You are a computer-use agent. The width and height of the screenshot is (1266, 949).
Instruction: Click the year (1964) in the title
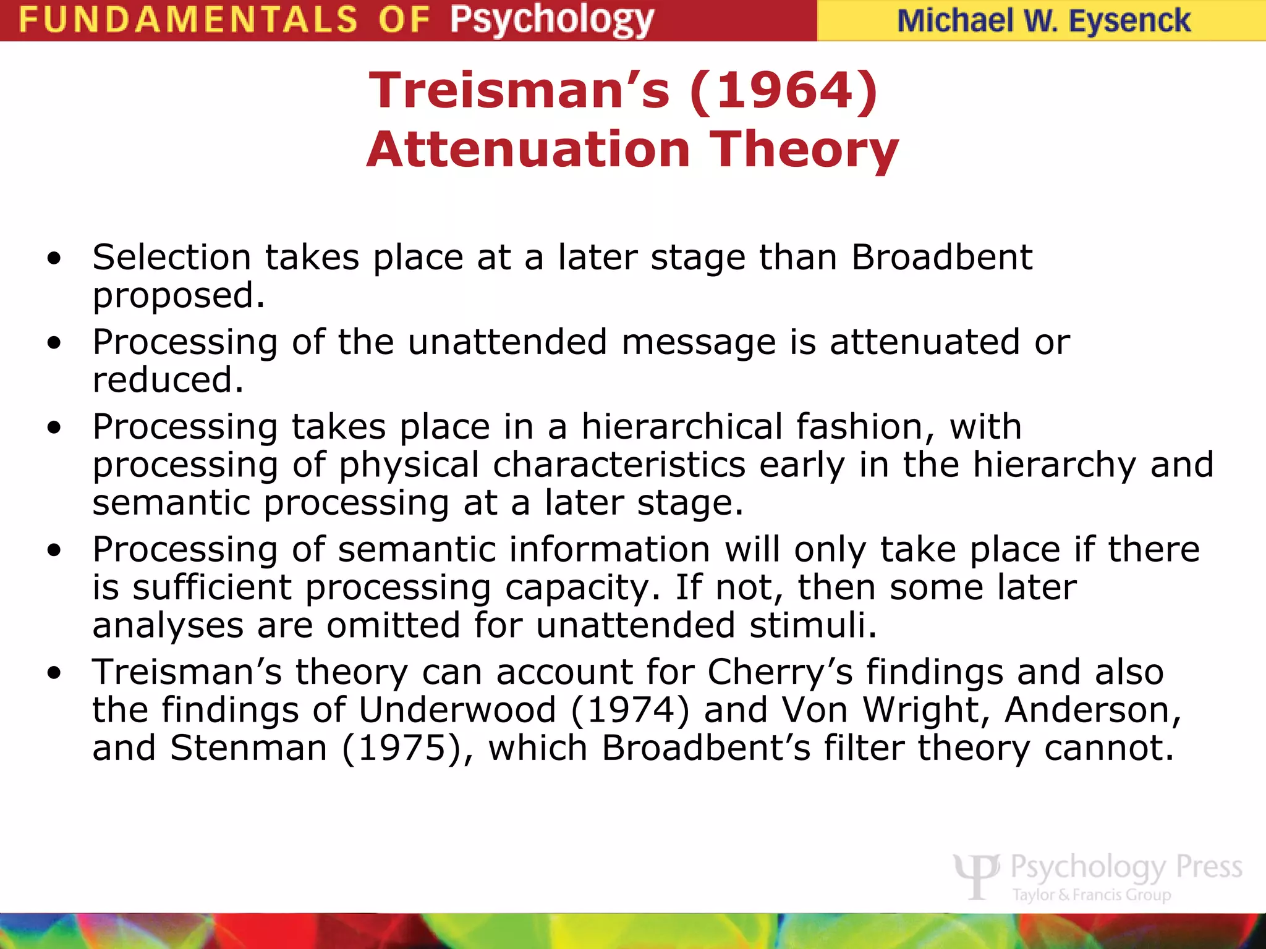coord(783,91)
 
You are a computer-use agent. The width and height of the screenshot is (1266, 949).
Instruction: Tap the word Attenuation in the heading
coord(528,150)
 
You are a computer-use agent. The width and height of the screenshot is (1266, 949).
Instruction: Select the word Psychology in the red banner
coord(551,20)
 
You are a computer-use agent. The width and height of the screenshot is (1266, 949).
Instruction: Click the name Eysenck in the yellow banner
coord(1129,21)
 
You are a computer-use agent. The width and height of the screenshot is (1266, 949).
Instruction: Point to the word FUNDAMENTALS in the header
coord(188,20)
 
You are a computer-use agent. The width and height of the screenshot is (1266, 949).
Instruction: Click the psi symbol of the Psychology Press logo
coord(976,876)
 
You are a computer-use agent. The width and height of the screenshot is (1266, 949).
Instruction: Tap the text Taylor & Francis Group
coord(1091,895)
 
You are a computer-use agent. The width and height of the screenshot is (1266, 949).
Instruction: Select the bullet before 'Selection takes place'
coord(54,258)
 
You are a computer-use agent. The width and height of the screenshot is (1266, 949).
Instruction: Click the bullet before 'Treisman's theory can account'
coord(54,673)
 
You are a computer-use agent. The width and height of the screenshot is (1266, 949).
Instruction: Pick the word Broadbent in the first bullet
coord(941,257)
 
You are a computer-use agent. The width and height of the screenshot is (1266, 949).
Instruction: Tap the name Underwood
coord(457,710)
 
